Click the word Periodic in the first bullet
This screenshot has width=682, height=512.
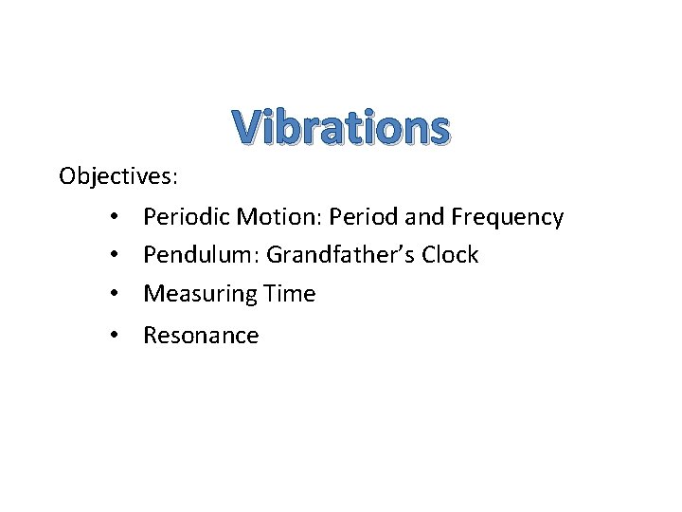pyautogui.click(x=186, y=217)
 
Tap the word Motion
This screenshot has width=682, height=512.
pyautogui.click(x=271, y=217)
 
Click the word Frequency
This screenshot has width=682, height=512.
pyautogui.click(x=507, y=218)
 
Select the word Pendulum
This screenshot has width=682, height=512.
pyautogui.click(x=198, y=255)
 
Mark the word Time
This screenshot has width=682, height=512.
pyautogui.click(x=290, y=294)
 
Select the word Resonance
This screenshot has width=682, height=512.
pyautogui.click(x=201, y=336)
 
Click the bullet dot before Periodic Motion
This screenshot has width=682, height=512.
pyautogui.click(x=113, y=218)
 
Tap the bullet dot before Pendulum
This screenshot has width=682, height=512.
pyautogui.click(x=113, y=256)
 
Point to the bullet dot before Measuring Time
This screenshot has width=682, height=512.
pyautogui.click(x=113, y=295)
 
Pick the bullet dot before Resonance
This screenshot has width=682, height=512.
pyautogui.click(x=113, y=336)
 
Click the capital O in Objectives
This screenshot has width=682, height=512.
pyautogui.click(x=67, y=176)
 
